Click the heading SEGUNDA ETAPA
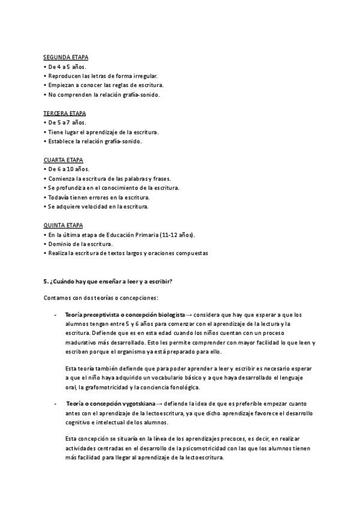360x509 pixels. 66,57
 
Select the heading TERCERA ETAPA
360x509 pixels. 65,113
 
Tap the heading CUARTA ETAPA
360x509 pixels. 64,160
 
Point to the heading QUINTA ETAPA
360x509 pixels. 64,225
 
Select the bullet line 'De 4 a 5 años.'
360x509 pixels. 67,67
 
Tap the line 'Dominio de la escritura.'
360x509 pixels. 79,244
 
